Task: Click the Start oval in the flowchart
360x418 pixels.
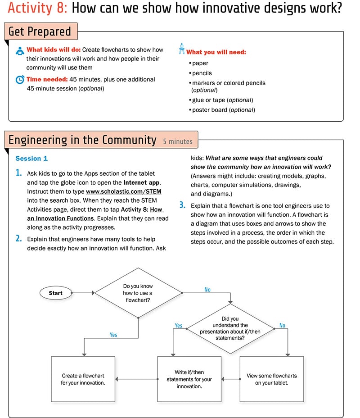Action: (56, 293)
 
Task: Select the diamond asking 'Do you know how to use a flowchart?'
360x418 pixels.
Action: (138, 293)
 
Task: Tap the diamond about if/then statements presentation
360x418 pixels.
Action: (230, 328)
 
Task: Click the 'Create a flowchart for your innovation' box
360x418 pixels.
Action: (83, 379)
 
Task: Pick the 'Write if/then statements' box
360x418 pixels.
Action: (189, 379)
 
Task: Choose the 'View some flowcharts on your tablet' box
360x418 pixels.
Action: (272, 379)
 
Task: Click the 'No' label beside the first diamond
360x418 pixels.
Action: (207, 290)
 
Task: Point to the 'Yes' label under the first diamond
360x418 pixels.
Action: (113, 335)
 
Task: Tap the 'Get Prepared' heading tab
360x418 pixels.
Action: (40, 32)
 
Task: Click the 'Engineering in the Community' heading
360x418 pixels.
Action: (82, 140)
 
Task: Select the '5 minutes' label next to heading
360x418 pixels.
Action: (177, 141)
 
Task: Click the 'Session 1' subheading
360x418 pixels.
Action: (31, 159)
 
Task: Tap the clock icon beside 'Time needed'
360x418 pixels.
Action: (20, 80)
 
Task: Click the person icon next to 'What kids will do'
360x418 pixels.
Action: (20, 50)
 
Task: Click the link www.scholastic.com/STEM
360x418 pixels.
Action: (124, 191)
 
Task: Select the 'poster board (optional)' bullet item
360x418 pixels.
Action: (223, 110)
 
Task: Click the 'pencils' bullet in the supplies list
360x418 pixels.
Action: (202, 73)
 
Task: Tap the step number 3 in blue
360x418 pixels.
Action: (182, 205)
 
